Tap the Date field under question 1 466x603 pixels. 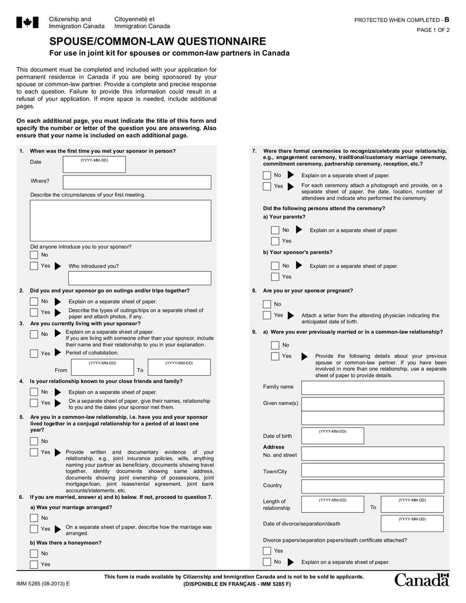(x=94, y=164)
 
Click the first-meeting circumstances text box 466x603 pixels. (x=121, y=220)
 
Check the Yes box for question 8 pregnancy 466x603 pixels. (x=267, y=315)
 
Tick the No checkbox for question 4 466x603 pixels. (x=34, y=392)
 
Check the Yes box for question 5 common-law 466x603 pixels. (x=34, y=452)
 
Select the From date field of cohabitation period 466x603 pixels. (x=102, y=368)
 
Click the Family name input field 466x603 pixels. (x=372, y=387)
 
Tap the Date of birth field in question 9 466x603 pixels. (x=333, y=436)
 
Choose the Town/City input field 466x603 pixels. (x=372, y=471)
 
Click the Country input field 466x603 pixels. (x=372, y=485)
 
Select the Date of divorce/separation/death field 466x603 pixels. (x=412, y=523)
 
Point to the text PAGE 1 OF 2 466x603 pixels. (x=433, y=30)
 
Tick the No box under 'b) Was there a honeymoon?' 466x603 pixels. (x=34, y=553)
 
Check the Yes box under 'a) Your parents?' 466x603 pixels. (x=275, y=241)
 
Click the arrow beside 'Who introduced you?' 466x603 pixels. (x=57, y=266)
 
